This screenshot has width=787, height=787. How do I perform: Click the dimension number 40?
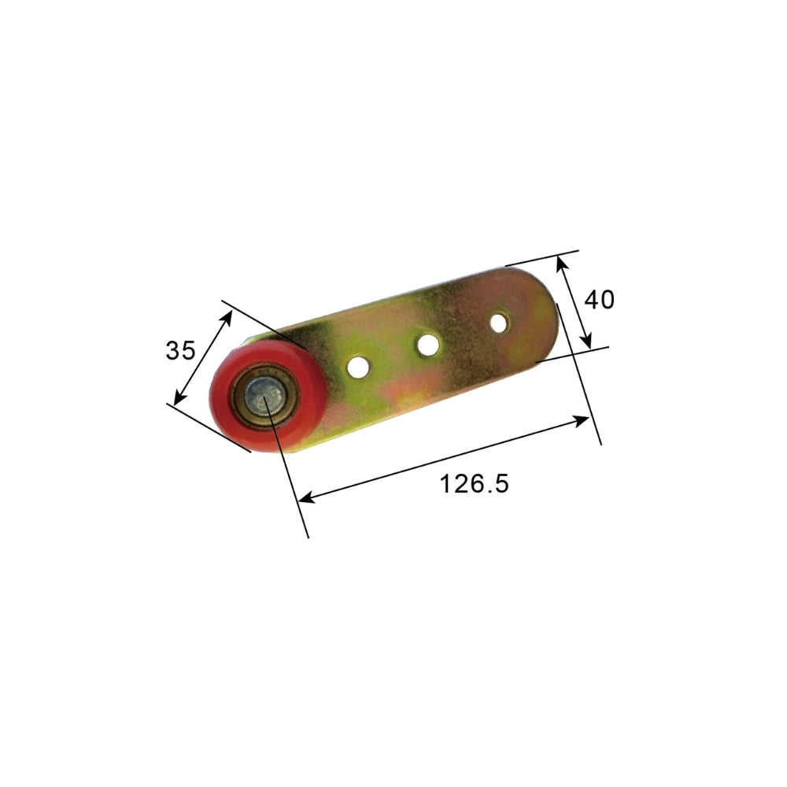pyautogui.click(x=599, y=299)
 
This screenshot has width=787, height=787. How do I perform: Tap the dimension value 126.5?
pyautogui.click(x=474, y=483)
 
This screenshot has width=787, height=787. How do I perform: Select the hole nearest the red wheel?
pyautogui.click(x=359, y=366)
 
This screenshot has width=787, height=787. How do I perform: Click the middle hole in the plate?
pyautogui.click(x=428, y=344)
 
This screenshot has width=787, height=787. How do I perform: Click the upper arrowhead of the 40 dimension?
pyautogui.click(x=560, y=261)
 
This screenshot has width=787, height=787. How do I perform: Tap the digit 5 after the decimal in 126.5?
pyautogui.click(x=501, y=483)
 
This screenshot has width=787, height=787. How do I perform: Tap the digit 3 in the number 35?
pyautogui.click(x=172, y=350)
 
